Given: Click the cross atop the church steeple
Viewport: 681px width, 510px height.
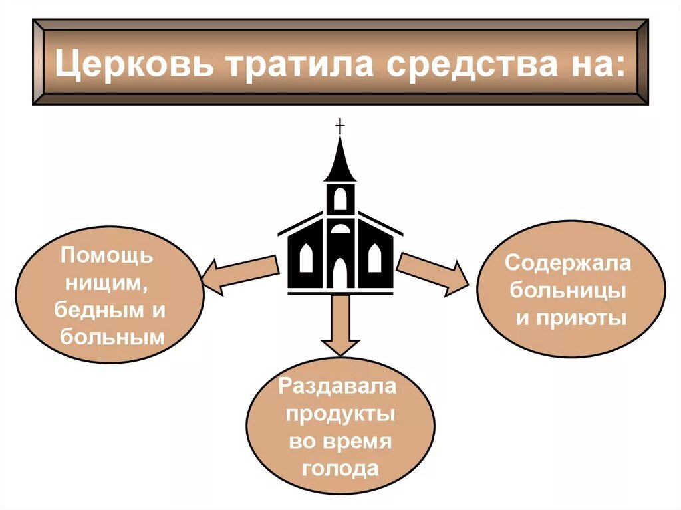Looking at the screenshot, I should (x=340, y=126).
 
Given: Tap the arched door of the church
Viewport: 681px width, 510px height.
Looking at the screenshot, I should (x=340, y=272).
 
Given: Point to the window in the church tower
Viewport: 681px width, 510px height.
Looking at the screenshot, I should (x=340, y=199).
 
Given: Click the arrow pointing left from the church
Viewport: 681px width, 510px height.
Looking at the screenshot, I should (x=239, y=273).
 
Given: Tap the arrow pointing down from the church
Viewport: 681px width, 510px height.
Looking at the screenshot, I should (x=340, y=326).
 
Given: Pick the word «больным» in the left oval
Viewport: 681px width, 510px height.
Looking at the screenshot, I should (x=112, y=337).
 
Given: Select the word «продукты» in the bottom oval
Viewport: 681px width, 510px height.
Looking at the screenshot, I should (x=340, y=414).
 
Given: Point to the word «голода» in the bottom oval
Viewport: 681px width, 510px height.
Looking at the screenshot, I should (x=340, y=469).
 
